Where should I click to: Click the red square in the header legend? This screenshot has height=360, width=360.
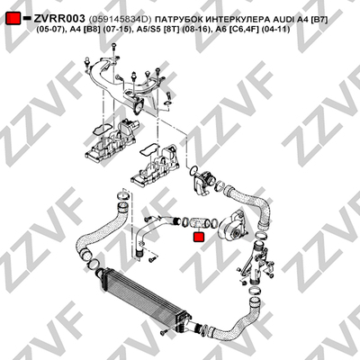point(13,18)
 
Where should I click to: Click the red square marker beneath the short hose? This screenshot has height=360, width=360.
point(198,237)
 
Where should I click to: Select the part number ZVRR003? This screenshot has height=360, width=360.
point(59,19)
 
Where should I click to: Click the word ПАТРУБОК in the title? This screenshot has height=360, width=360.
point(174,20)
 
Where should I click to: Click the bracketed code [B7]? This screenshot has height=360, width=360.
point(319,20)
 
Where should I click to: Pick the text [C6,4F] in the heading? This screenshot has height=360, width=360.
point(248,30)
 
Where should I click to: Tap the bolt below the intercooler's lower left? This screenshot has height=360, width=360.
point(164,331)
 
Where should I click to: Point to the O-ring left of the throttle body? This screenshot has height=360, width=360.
point(193,171)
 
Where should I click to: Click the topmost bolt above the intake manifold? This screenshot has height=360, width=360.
point(113,48)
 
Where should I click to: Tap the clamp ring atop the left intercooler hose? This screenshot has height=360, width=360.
point(123,194)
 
